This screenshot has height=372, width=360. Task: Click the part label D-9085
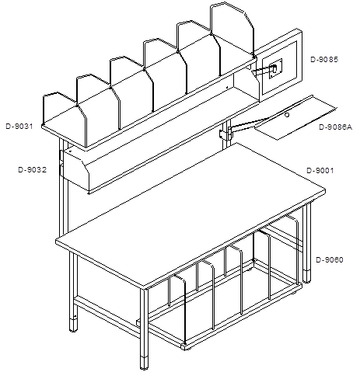pyautogui.click(x=324, y=60)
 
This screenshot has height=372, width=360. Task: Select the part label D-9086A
pyautogui.click(x=335, y=127)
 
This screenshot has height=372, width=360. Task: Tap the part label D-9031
pyautogui.click(x=19, y=127)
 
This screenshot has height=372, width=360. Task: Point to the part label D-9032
pyautogui.click(x=33, y=170)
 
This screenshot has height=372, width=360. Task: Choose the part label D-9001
pyautogui.click(x=320, y=171)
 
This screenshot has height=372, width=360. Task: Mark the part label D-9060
pyautogui.click(x=330, y=259)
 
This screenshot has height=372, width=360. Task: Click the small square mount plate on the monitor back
pyautogui.click(x=275, y=68)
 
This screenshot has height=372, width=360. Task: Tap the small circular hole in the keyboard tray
pyautogui.click(x=287, y=115)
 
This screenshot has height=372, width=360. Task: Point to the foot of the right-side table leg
pyautogui.click(x=307, y=276)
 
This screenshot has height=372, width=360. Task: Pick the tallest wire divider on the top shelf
pyautogui.click(x=232, y=30)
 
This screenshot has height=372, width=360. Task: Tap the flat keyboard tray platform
pyautogui.click(x=295, y=118)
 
